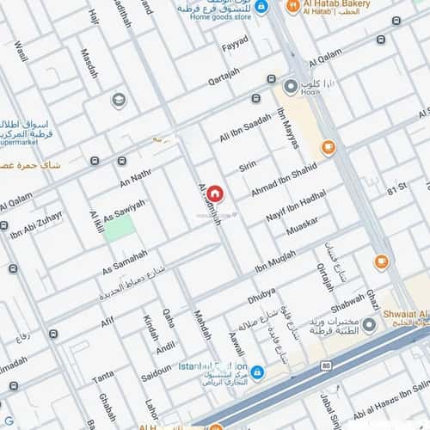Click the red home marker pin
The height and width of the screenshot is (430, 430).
[214, 193]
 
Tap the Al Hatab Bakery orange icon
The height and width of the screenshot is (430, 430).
[292, 7]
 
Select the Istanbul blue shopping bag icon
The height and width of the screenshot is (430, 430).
[256, 371]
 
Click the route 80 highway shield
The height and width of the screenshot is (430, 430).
[325, 366]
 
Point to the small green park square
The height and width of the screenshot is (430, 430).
[120, 228]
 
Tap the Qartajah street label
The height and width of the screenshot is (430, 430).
[224, 77]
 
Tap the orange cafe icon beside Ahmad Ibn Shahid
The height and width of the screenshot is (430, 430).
[328, 148]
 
